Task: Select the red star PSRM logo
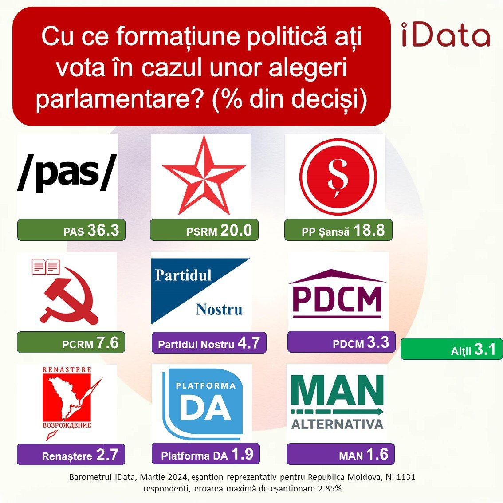tap(204, 175)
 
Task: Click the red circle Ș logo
tap(338, 177)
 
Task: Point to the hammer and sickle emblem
tap(68, 300)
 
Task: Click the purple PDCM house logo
tap(337, 293)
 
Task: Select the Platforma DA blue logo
tap(202, 404)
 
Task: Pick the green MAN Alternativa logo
tap(337, 402)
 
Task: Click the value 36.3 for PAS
tap(103, 230)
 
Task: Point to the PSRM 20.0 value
tap(236, 230)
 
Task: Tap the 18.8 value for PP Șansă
tap(369, 230)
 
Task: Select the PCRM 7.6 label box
tap(71, 342)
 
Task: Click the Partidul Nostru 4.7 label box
tap(209, 342)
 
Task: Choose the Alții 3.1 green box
tap(452, 349)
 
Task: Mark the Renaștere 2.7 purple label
tap(71, 454)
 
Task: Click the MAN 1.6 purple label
tap(340, 454)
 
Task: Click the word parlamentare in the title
tap(120, 99)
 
